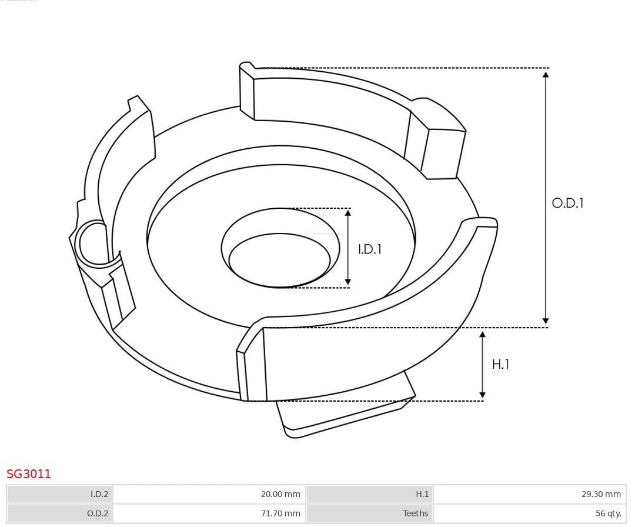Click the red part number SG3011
(29, 473)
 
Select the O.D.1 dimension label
(567, 203)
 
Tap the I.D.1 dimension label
(370, 249)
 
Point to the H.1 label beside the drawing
(500, 364)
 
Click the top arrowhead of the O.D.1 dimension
(546, 74)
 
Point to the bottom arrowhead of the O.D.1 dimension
(546, 321)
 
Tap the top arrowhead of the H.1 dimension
(483, 335)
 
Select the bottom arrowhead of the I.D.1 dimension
(348, 282)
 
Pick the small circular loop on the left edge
(93, 243)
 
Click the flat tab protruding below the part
(347, 412)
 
